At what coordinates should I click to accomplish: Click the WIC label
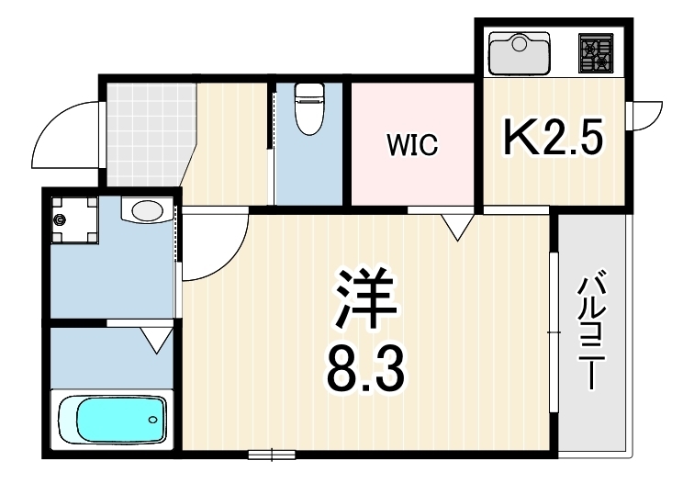click(x=412, y=145)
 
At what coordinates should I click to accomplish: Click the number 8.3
click(x=365, y=370)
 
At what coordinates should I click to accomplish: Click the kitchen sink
click(x=520, y=52)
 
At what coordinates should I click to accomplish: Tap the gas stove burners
click(x=596, y=52)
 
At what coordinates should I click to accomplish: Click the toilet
click(x=309, y=108)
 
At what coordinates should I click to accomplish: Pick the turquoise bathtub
click(x=113, y=419)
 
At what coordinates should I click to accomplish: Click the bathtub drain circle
click(x=152, y=420)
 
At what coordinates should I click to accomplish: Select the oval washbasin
click(x=147, y=210)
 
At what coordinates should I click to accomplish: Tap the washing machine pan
click(x=74, y=220)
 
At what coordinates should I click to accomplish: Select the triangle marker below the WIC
click(x=458, y=227)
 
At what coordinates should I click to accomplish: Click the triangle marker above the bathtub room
click(x=157, y=340)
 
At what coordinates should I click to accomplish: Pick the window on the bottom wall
click(x=272, y=455)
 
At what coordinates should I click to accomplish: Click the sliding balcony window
click(x=554, y=332)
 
